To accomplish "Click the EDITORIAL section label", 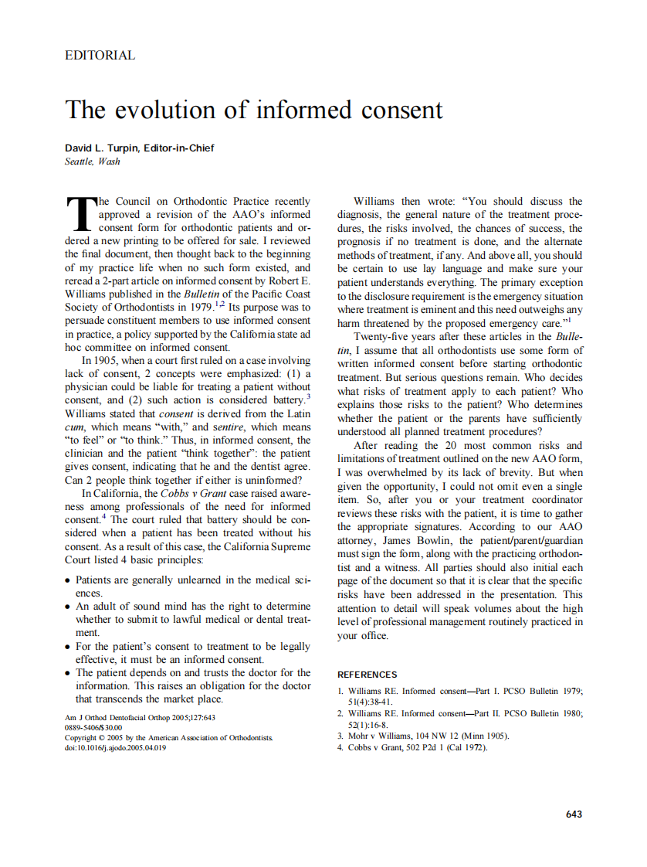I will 100,56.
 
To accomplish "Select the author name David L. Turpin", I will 105,148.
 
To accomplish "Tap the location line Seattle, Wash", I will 93,161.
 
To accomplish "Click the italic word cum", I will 74,427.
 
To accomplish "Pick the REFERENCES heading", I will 368,675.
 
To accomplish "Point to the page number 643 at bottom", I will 574,814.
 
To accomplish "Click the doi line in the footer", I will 116,747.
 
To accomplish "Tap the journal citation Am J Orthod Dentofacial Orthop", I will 140,717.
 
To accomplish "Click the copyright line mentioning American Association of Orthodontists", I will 168,737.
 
